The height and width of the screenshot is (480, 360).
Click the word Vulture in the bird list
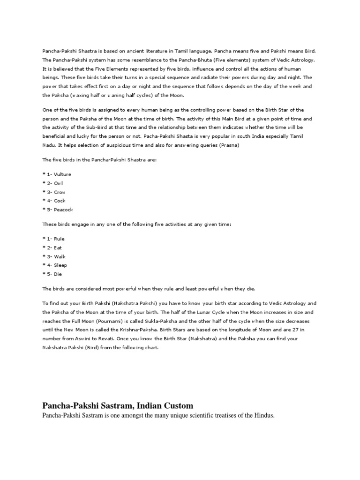point(62,174)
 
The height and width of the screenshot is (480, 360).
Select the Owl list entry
point(59,183)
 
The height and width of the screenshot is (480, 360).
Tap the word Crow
point(60,192)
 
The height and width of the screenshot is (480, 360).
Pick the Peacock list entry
point(63,210)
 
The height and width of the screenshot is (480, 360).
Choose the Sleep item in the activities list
point(60,265)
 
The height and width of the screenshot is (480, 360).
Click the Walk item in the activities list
point(60,256)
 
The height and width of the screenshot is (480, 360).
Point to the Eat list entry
point(58,247)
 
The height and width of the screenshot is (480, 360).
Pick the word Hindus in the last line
point(260,415)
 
